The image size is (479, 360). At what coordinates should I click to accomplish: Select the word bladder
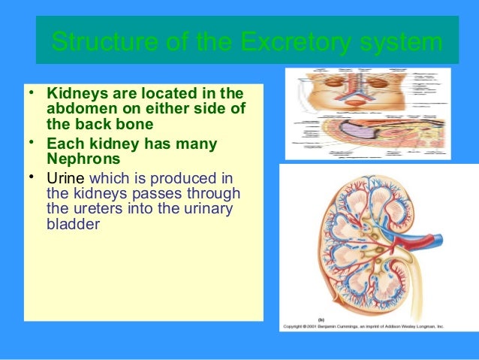(x=73, y=223)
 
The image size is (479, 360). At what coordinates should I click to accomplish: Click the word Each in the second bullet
(x=63, y=143)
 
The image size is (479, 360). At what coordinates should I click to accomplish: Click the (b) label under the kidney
(x=321, y=319)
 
